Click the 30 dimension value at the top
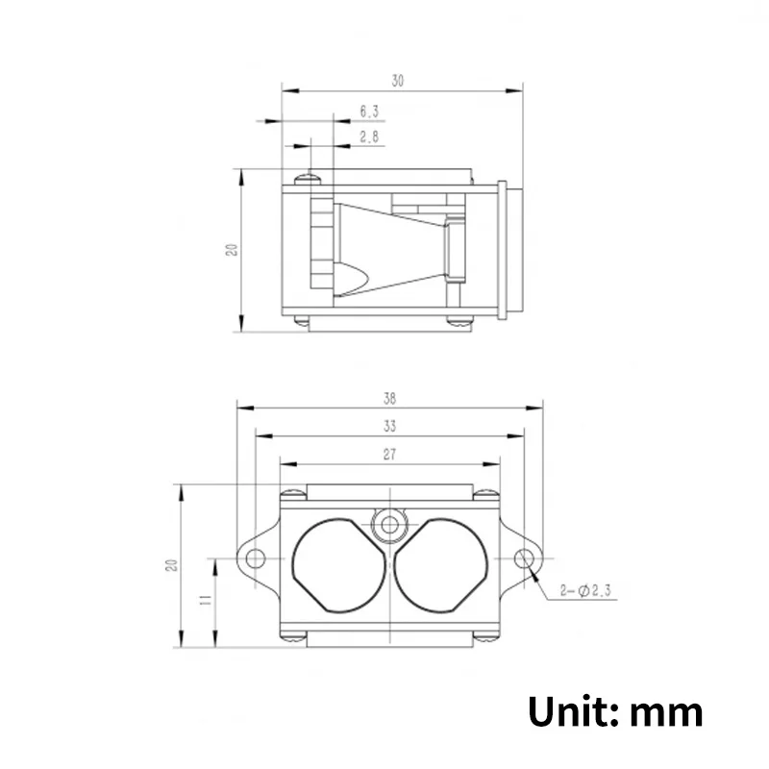coord(398,81)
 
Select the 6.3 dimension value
coord(369,112)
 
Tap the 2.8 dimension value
coord(369,136)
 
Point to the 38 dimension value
coord(390,399)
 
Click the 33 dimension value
coord(390,426)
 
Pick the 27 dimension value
coord(389,455)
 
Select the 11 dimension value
coord(206,599)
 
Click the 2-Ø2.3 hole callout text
coord(585,590)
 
